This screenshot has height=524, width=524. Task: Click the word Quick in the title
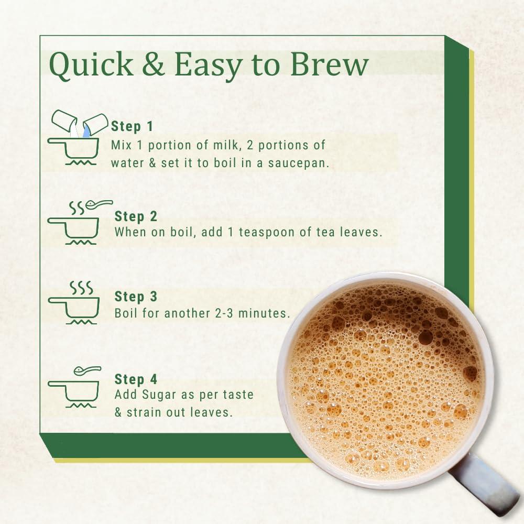click(x=91, y=65)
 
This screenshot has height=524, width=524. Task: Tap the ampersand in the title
click(x=153, y=63)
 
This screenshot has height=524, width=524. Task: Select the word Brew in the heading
click(x=329, y=63)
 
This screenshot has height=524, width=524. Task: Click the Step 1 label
click(x=132, y=126)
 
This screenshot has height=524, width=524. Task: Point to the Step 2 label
click(x=136, y=216)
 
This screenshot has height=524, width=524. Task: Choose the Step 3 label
click(x=136, y=297)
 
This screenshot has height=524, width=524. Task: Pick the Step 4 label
click(x=136, y=379)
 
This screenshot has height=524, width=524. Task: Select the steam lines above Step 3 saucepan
click(x=81, y=287)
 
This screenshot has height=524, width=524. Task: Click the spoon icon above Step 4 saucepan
click(x=87, y=370)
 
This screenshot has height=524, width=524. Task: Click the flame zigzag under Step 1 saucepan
click(x=81, y=162)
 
